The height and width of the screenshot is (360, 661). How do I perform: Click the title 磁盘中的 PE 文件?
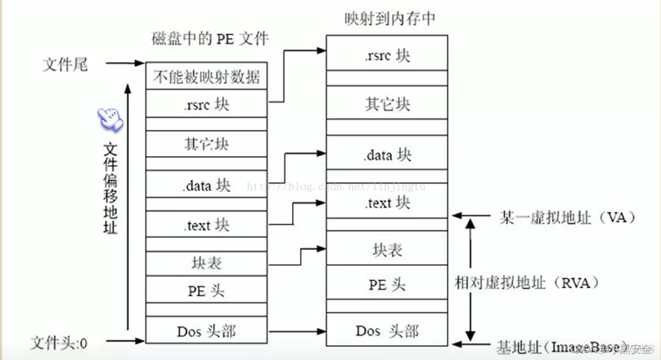click(210, 39)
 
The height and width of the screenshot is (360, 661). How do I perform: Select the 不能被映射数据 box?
click(207, 76)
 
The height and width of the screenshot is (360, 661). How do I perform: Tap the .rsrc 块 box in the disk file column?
click(207, 104)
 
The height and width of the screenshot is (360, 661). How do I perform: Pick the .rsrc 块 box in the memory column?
click(387, 56)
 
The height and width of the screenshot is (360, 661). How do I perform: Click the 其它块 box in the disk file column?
click(207, 144)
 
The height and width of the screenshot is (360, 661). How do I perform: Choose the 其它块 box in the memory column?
click(387, 104)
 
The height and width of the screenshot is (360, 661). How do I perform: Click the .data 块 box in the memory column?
click(387, 155)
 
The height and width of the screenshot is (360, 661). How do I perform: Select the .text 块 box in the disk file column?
click(207, 225)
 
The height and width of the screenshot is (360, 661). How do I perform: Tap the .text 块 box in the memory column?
click(387, 203)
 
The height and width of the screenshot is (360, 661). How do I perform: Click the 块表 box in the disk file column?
click(207, 263)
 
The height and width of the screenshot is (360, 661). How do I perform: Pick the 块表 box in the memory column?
click(387, 250)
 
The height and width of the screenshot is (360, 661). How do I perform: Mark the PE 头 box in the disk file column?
click(207, 290)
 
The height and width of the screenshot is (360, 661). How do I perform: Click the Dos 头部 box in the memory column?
click(387, 331)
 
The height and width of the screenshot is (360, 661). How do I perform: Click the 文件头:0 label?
click(59, 343)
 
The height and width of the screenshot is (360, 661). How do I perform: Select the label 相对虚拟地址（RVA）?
click(526, 283)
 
